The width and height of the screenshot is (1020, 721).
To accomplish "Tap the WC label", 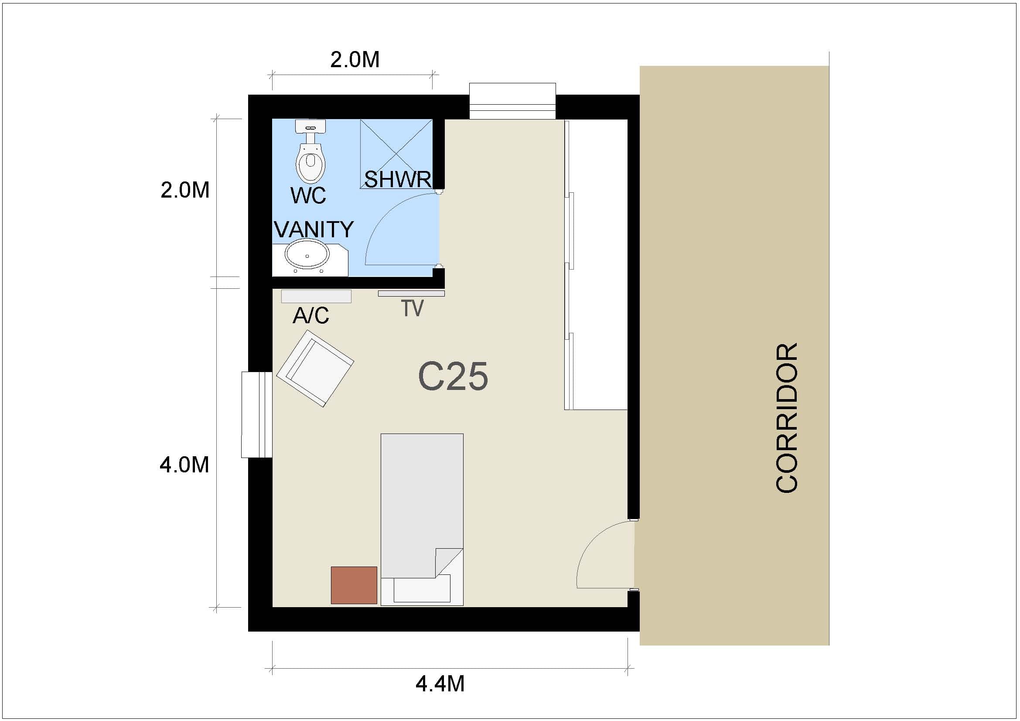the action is tap(308, 195).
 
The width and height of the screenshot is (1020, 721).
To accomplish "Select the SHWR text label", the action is tap(398, 179).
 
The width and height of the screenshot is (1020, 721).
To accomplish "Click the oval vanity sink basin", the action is tap(307, 255).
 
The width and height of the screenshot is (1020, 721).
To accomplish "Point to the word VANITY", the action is tap(314, 229).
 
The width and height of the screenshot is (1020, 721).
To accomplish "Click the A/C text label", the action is tap(310, 315).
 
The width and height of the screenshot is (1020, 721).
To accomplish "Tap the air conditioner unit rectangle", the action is tap(316, 296).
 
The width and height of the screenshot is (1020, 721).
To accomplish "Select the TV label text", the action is tap(412, 308).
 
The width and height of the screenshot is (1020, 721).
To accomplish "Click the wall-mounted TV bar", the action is tap(411, 294).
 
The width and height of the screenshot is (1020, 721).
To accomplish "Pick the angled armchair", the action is tap(315, 368).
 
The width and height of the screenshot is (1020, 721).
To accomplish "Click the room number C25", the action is tap(453, 376).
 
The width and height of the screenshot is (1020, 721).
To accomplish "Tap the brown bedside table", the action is tap(354, 585).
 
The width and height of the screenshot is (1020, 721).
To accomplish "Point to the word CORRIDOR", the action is tap(787, 417).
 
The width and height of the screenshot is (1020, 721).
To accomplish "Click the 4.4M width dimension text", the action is tap(440, 683).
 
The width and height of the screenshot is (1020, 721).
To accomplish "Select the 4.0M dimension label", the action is tap(184, 465).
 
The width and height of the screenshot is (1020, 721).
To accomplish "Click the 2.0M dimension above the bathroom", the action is tap(355, 59).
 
